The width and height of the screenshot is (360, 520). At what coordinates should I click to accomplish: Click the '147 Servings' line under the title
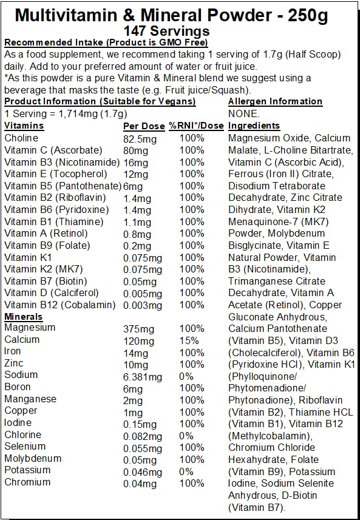pyautogui.click(x=166, y=31)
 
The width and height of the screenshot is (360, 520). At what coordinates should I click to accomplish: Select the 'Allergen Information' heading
pyautogui.click(x=275, y=101)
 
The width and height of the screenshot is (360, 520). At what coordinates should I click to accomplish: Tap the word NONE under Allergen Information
pyautogui.click(x=243, y=113)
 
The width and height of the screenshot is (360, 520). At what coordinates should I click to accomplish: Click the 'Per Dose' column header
pyautogui.click(x=143, y=126)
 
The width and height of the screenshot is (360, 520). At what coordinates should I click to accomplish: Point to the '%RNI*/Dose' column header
pyautogui.click(x=196, y=126)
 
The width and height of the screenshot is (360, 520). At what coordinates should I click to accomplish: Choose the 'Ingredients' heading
pyautogui.click(x=254, y=126)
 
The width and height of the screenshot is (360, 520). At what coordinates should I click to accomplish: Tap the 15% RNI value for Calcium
pyautogui.click(x=188, y=340)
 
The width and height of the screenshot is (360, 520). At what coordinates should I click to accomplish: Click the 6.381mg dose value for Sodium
pyautogui.click(x=143, y=376)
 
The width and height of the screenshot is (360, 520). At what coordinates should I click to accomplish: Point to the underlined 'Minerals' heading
pyautogui.click(x=23, y=316)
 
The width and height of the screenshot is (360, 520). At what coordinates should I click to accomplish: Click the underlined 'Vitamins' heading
pyautogui.click(x=24, y=126)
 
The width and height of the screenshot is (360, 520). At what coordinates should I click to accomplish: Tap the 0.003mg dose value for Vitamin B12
pyautogui.click(x=142, y=305)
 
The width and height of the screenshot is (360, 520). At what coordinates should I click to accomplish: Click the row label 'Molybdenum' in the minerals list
pyautogui.click(x=32, y=458)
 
